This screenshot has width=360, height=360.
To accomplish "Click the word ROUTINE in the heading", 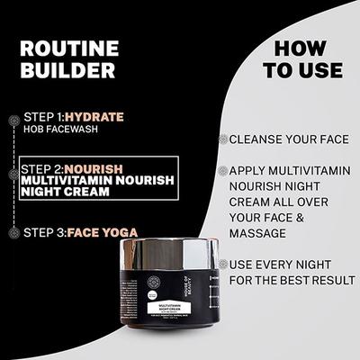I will [68, 48].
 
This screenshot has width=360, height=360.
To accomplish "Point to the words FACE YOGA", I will [103, 232].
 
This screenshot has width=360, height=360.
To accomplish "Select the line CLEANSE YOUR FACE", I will [287, 139].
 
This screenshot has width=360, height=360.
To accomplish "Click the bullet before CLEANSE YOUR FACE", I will [221, 139].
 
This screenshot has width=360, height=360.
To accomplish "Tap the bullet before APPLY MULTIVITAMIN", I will [221, 170].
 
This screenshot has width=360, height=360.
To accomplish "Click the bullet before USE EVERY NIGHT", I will [221, 265].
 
